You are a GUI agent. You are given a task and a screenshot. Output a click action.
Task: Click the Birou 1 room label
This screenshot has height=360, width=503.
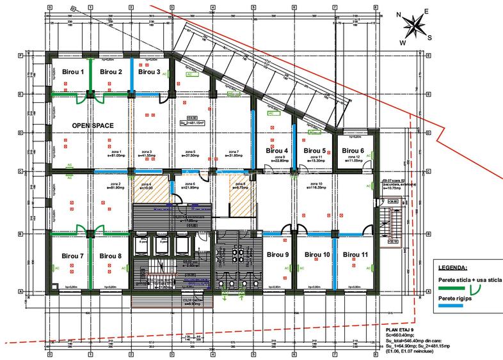pyautogui.click(x=73, y=72)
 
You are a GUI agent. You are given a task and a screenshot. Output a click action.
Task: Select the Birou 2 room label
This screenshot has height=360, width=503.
pyautogui.click(x=111, y=72)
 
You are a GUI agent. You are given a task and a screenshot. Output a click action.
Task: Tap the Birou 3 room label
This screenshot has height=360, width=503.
pyautogui.click(x=149, y=72)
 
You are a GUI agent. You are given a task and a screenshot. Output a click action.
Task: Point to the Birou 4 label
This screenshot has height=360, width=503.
pyautogui.click(x=276, y=151)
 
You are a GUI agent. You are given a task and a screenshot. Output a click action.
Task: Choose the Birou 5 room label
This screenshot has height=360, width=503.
pyautogui.click(x=315, y=151)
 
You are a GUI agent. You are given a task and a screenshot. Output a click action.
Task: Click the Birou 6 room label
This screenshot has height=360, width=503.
pyautogui.click(x=353, y=150)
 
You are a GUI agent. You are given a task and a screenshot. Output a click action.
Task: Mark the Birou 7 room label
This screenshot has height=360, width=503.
pyautogui.click(x=73, y=256)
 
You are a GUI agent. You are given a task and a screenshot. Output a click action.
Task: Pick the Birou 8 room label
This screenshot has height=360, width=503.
pyautogui.click(x=111, y=256)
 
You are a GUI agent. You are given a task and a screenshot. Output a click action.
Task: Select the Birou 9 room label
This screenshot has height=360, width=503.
pyautogui.click(x=278, y=254)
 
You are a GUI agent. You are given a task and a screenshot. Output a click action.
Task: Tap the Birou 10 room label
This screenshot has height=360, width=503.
pyautogui.click(x=317, y=254)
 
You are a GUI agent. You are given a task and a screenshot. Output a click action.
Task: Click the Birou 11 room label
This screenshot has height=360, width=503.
pyautogui.click(x=355, y=254)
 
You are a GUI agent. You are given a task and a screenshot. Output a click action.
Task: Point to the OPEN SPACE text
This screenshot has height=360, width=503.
pyautogui.click(x=93, y=126)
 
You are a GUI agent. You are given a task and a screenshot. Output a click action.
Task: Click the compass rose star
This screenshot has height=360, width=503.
pyautogui.click(x=414, y=26)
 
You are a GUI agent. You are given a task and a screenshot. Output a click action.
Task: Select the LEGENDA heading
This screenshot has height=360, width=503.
pyautogui.click(x=454, y=267)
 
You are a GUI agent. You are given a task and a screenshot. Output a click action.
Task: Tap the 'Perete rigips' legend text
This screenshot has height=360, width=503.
pyautogui.click(x=458, y=299)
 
